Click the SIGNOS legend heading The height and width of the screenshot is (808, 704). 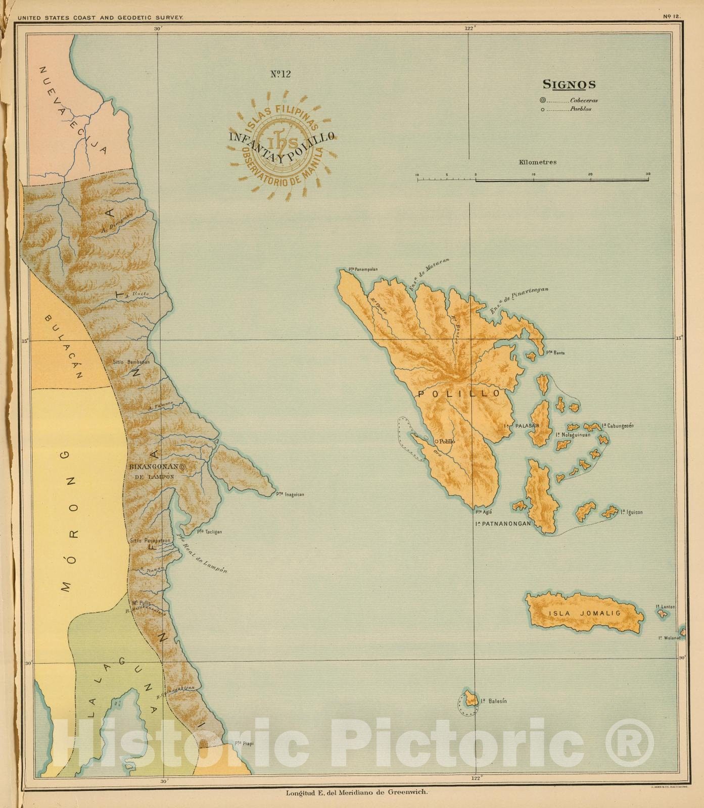coord(569,85)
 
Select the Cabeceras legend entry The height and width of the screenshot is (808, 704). coord(583,100)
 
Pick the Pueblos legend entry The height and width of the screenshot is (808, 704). coord(580,109)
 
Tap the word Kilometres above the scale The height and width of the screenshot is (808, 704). coord(537,162)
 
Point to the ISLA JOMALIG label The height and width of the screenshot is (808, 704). coord(584,614)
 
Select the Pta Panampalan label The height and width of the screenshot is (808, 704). coord(363,269)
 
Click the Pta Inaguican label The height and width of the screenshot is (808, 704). coord(290,494)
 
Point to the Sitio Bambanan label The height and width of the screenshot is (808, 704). coord(131,362)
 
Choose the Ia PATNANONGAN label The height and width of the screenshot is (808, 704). coord(503,524)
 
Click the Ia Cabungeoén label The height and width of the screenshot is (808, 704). coord(618,426)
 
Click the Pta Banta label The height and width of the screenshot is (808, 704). coord(554,352)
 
